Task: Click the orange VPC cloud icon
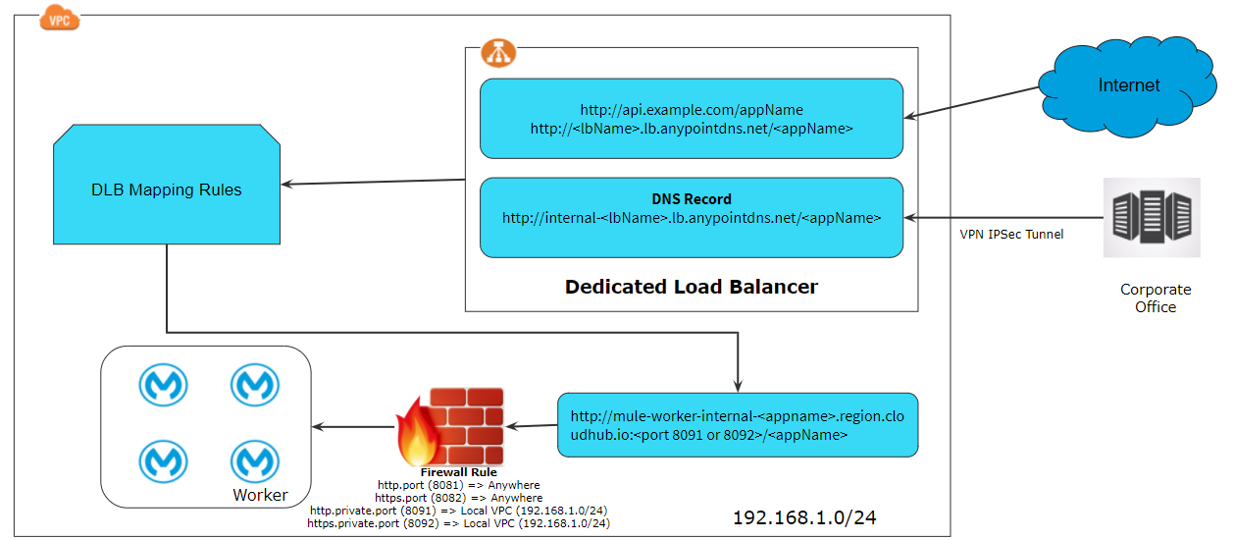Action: (x=59, y=17)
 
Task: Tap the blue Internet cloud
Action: (x=1128, y=85)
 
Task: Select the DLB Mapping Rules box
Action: (x=166, y=189)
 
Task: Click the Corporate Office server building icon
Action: (x=1152, y=217)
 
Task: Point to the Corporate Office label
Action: (x=1155, y=298)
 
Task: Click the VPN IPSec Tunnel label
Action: (x=1010, y=234)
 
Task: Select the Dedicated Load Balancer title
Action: (x=691, y=288)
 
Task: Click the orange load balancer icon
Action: (x=498, y=55)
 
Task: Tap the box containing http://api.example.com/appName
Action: (x=691, y=118)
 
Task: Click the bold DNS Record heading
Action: (x=691, y=198)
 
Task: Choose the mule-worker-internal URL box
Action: (x=737, y=425)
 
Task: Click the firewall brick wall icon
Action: (x=452, y=428)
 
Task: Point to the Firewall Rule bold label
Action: (x=458, y=472)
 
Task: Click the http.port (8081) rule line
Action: (x=458, y=485)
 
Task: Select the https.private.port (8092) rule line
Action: (x=458, y=523)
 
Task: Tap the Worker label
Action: (x=260, y=495)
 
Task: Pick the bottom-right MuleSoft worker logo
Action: (x=255, y=460)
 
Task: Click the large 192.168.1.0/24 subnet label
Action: (x=803, y=517)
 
